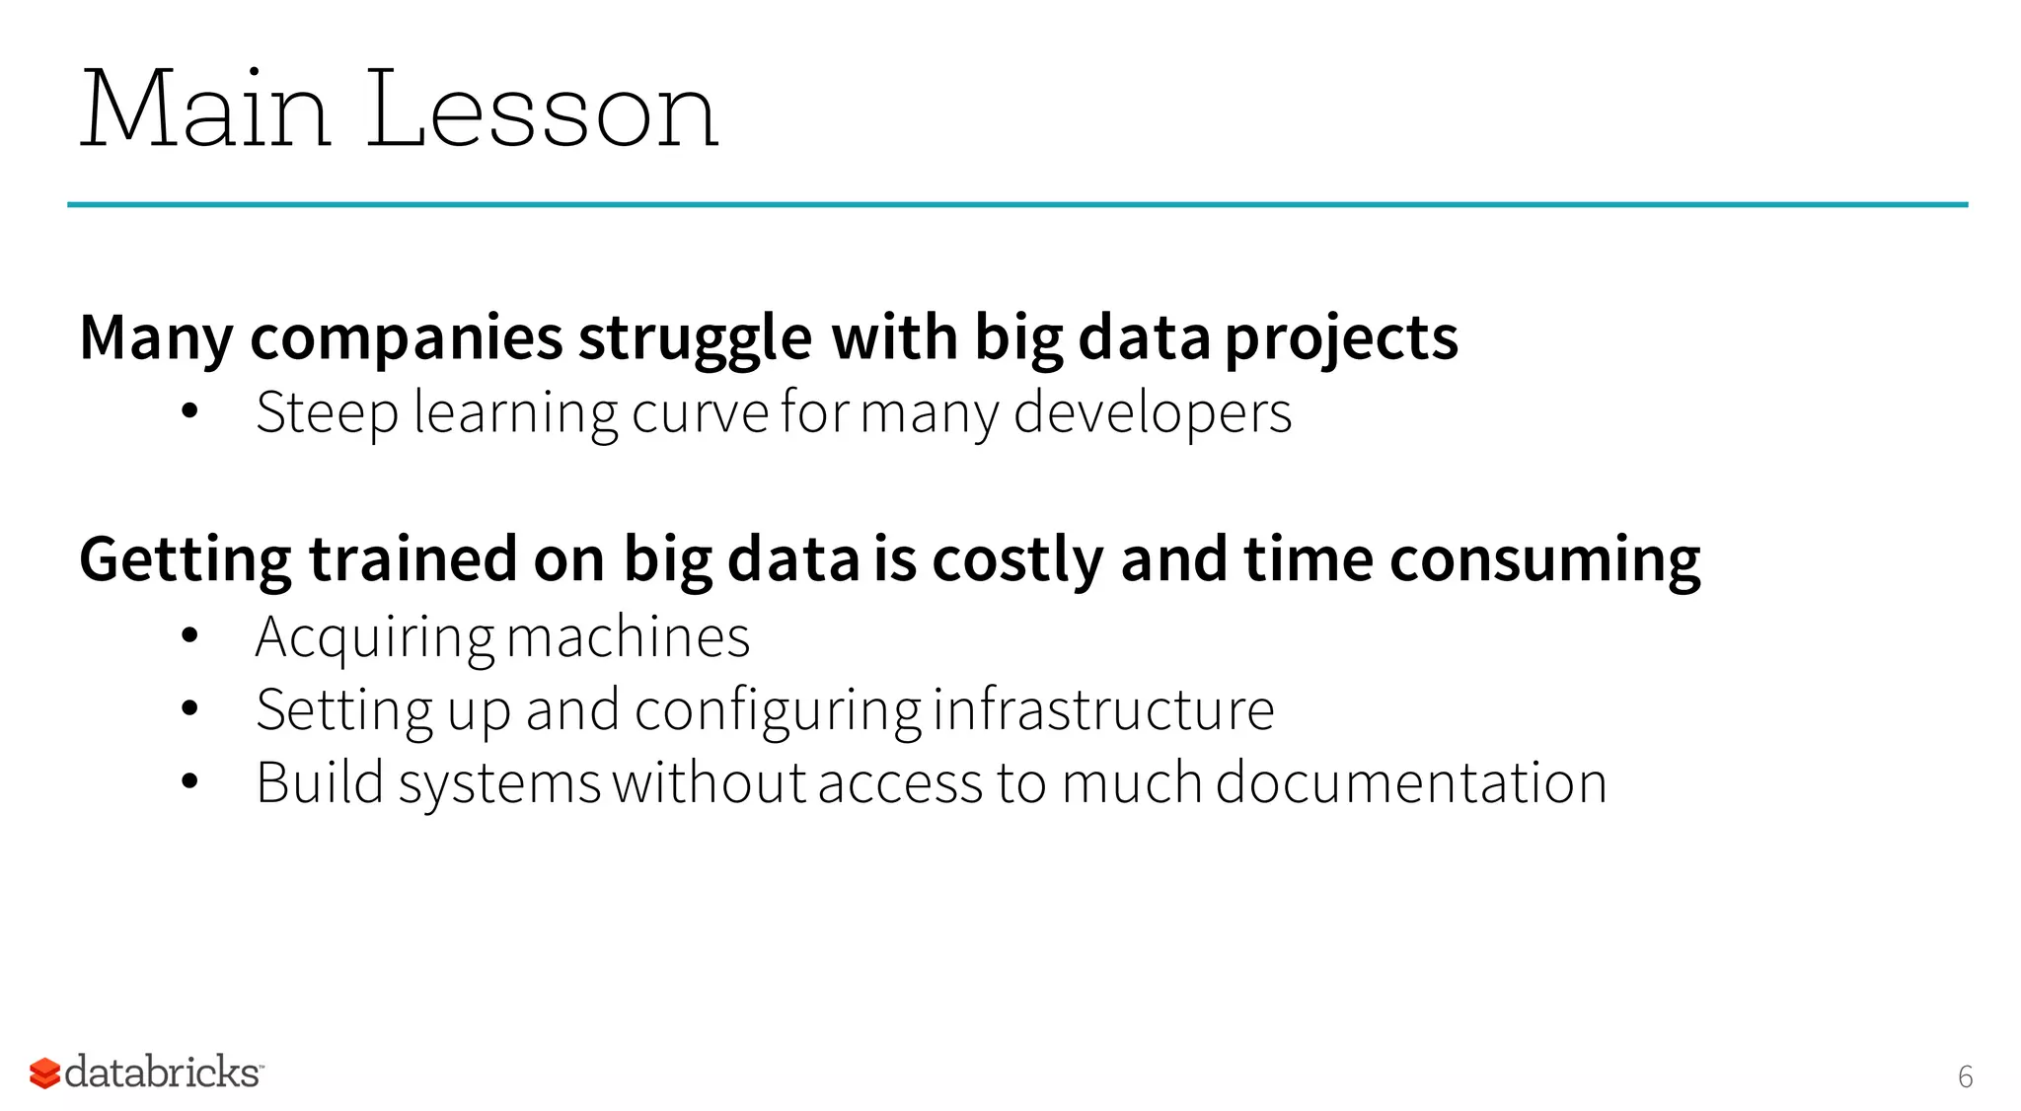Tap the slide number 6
(1965, 1076)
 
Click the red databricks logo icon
(44, 1074)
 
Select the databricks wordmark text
(163, 1073)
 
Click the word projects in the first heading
(1341, 338)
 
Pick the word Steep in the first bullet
(327, 412)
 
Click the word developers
(1152, 412)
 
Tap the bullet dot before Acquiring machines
(190, 636)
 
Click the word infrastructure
(1103, 709)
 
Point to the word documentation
(1410, 782)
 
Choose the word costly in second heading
(1017, 560)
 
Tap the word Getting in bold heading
(185, 560)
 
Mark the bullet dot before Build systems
(190, 782)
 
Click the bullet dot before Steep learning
(190, 412)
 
